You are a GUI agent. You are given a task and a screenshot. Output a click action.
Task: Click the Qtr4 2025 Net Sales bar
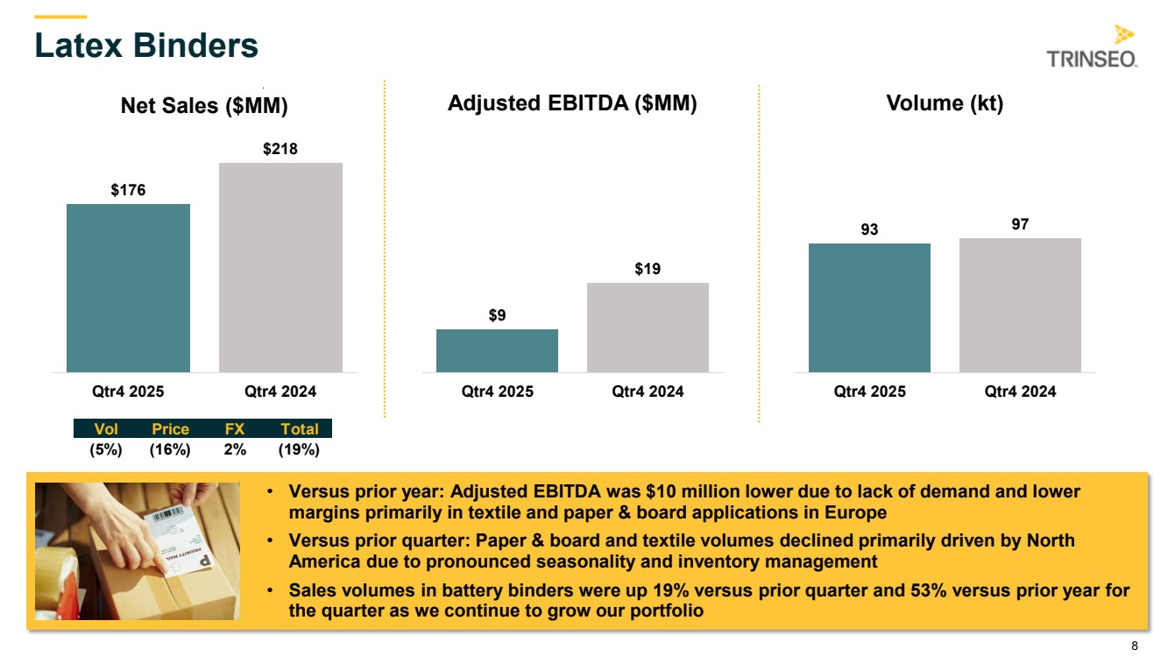pyautogui.click(x=128, y=288)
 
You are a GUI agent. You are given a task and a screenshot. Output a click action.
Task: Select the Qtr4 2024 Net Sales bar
pyautogui.click(x=280, y=267)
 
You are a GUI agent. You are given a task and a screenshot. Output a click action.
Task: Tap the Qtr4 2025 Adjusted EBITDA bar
pyautogui.click(x=497, y=350)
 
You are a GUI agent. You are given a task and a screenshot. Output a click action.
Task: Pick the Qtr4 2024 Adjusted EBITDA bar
pyautogui.click(x=648, y=327)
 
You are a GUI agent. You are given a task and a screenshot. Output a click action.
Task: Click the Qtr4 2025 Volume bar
pyautogui.click(x=869, y=307)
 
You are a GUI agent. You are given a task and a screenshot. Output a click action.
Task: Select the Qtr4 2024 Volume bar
pyautogui.click(x=1020, y=305)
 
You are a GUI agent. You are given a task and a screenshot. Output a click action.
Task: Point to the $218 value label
pyautogui.click(x=280, y=149)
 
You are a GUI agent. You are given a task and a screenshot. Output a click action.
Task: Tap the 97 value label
pyautogui.click(x=1020, y=225)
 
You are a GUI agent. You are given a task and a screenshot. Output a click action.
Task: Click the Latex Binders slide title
pyautogui.click(x=146, y=46)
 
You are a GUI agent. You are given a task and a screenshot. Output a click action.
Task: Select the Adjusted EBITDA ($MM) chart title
pyautogui.click(x=572, y=103)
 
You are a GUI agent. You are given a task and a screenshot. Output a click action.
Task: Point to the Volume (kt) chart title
pyautogui.click(x=945, y=103)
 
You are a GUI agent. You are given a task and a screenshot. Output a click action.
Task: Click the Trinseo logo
pyautogui.click(x=1092, y=47)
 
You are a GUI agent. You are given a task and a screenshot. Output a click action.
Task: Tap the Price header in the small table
pyautogui.click(x=170, y=429)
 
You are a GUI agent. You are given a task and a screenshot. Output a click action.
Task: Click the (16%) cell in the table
pyautogui.click(x=170, y=449)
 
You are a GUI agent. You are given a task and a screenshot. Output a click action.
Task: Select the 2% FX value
pyautogui.click(x=235, y=449)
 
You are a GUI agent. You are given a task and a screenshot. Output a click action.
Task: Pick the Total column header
pyautogui.click(x=299, y=429)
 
